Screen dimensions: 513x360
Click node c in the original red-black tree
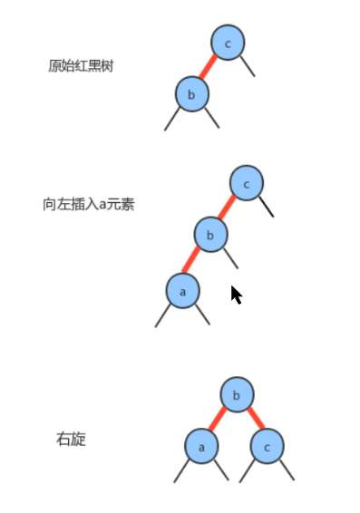click(x=228, y=43)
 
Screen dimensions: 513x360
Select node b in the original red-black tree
click(x=191, y=94)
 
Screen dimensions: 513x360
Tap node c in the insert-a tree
click(x=246, y=184)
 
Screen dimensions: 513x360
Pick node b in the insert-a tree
click(x=210, y=236)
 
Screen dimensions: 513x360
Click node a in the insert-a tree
click(x=182, y=291)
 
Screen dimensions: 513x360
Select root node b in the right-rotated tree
click(x=237, y=395)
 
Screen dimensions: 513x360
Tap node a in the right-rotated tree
click(x=201, y=446)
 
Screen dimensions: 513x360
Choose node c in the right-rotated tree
click(x=267, y=446)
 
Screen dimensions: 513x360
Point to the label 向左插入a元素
click(x=88, y=204)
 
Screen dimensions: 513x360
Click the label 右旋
click(x=71, y=440)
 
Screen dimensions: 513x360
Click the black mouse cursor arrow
click(x=236, y=295)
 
